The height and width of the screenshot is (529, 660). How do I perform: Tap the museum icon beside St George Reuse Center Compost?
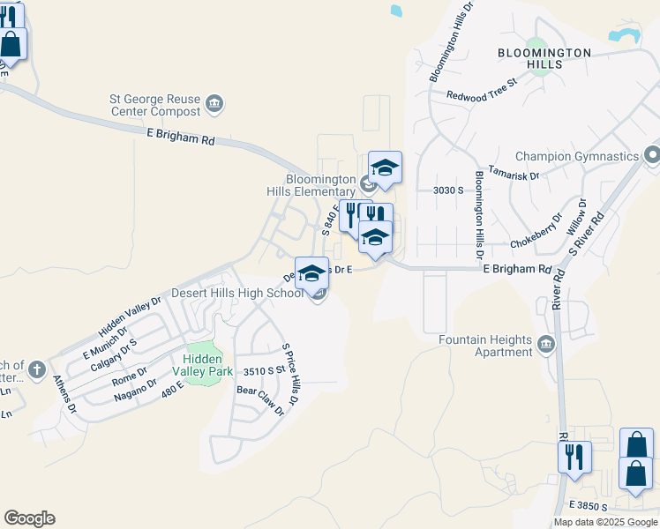[x=214, y=107]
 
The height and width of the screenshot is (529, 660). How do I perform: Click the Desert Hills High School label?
[x=237, y=293]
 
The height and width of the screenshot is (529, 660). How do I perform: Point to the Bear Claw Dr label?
[x=261, y=399]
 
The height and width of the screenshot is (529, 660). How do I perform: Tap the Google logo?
[x=29, y=518]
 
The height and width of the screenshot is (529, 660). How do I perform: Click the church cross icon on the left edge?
[x=36, y=369]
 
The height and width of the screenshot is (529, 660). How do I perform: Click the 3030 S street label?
[x=449, y=190]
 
